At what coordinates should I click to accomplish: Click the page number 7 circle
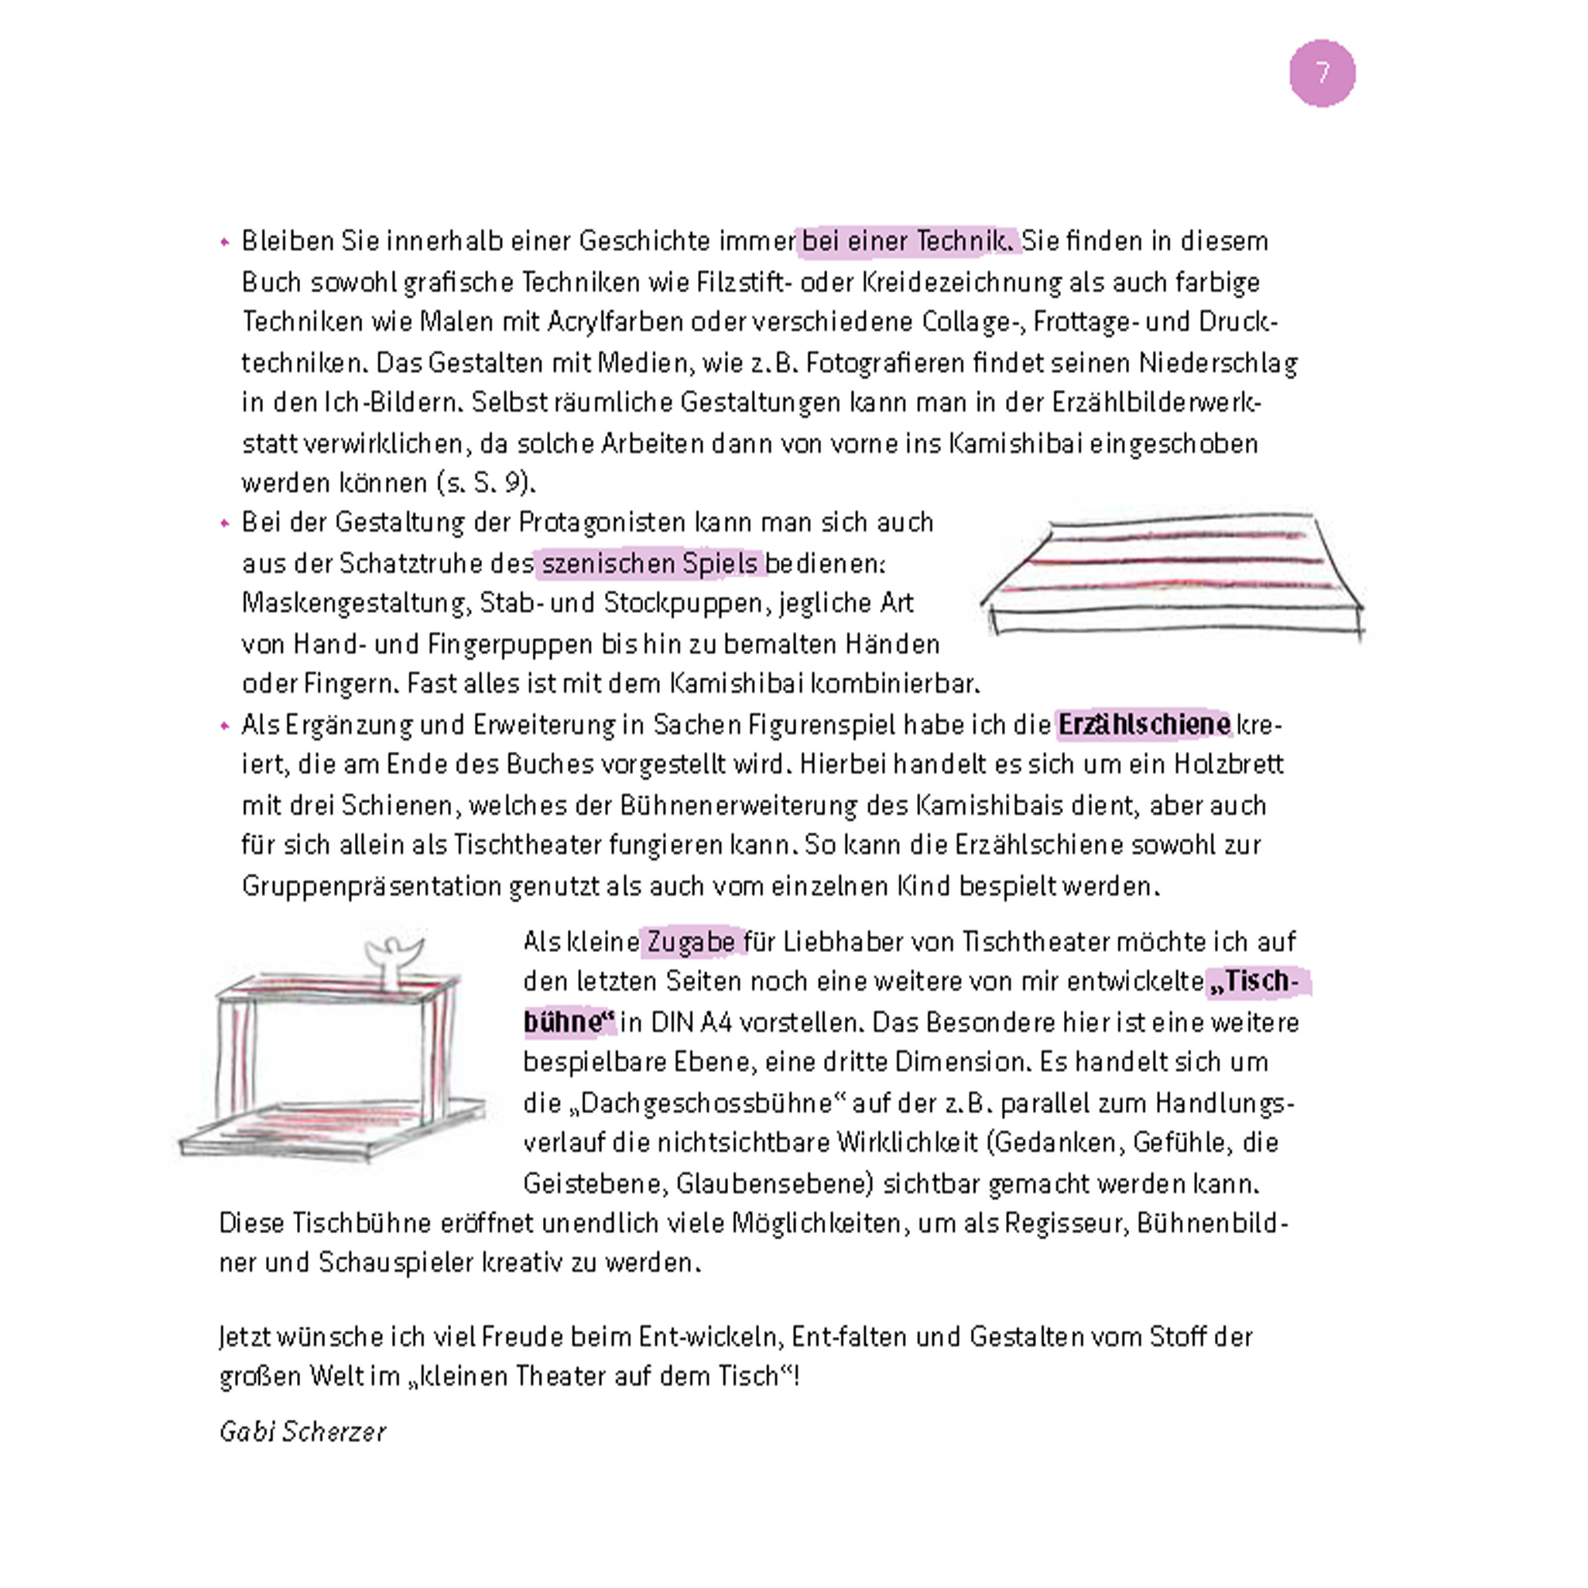click(x=1322, y=73)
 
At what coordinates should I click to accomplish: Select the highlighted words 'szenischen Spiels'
click(x=649, y=564)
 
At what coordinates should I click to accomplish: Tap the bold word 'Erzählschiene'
click(x=1143, y=725)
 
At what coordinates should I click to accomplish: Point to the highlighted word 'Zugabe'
click(x=692, y=942)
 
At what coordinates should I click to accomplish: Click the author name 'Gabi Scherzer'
click(x=303, y=1432)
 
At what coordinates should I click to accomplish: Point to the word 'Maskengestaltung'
click(x=356, y=603)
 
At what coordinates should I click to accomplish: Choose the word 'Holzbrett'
click(x=1228, y=765)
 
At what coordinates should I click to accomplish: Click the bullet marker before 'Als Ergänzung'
click(x=225, y=726)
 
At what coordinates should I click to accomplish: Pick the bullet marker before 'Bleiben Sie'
click(x=225, y=242)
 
